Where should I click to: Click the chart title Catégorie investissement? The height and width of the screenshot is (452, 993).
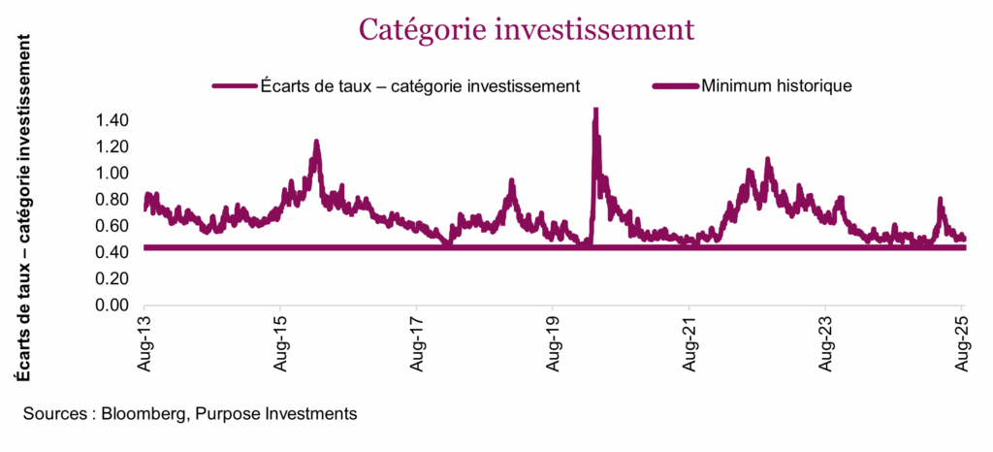click(527, 29)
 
